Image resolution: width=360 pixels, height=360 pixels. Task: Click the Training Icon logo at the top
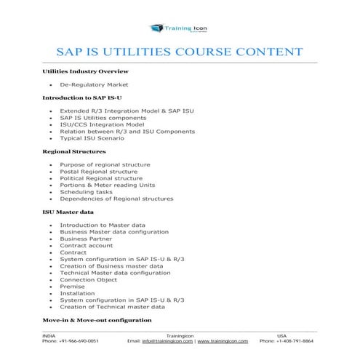point(180,28)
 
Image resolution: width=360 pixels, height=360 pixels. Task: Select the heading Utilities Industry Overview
point(85,72)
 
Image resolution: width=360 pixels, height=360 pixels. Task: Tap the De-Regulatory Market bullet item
point(92,85)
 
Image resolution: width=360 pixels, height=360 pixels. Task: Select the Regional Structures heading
point(74,151)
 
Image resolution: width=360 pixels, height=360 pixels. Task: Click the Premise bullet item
point(72,286)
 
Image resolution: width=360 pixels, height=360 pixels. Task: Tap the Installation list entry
point(77,292)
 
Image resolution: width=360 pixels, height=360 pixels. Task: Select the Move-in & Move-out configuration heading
point(97,319)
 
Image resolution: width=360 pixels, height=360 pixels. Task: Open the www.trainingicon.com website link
point(224,340)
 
